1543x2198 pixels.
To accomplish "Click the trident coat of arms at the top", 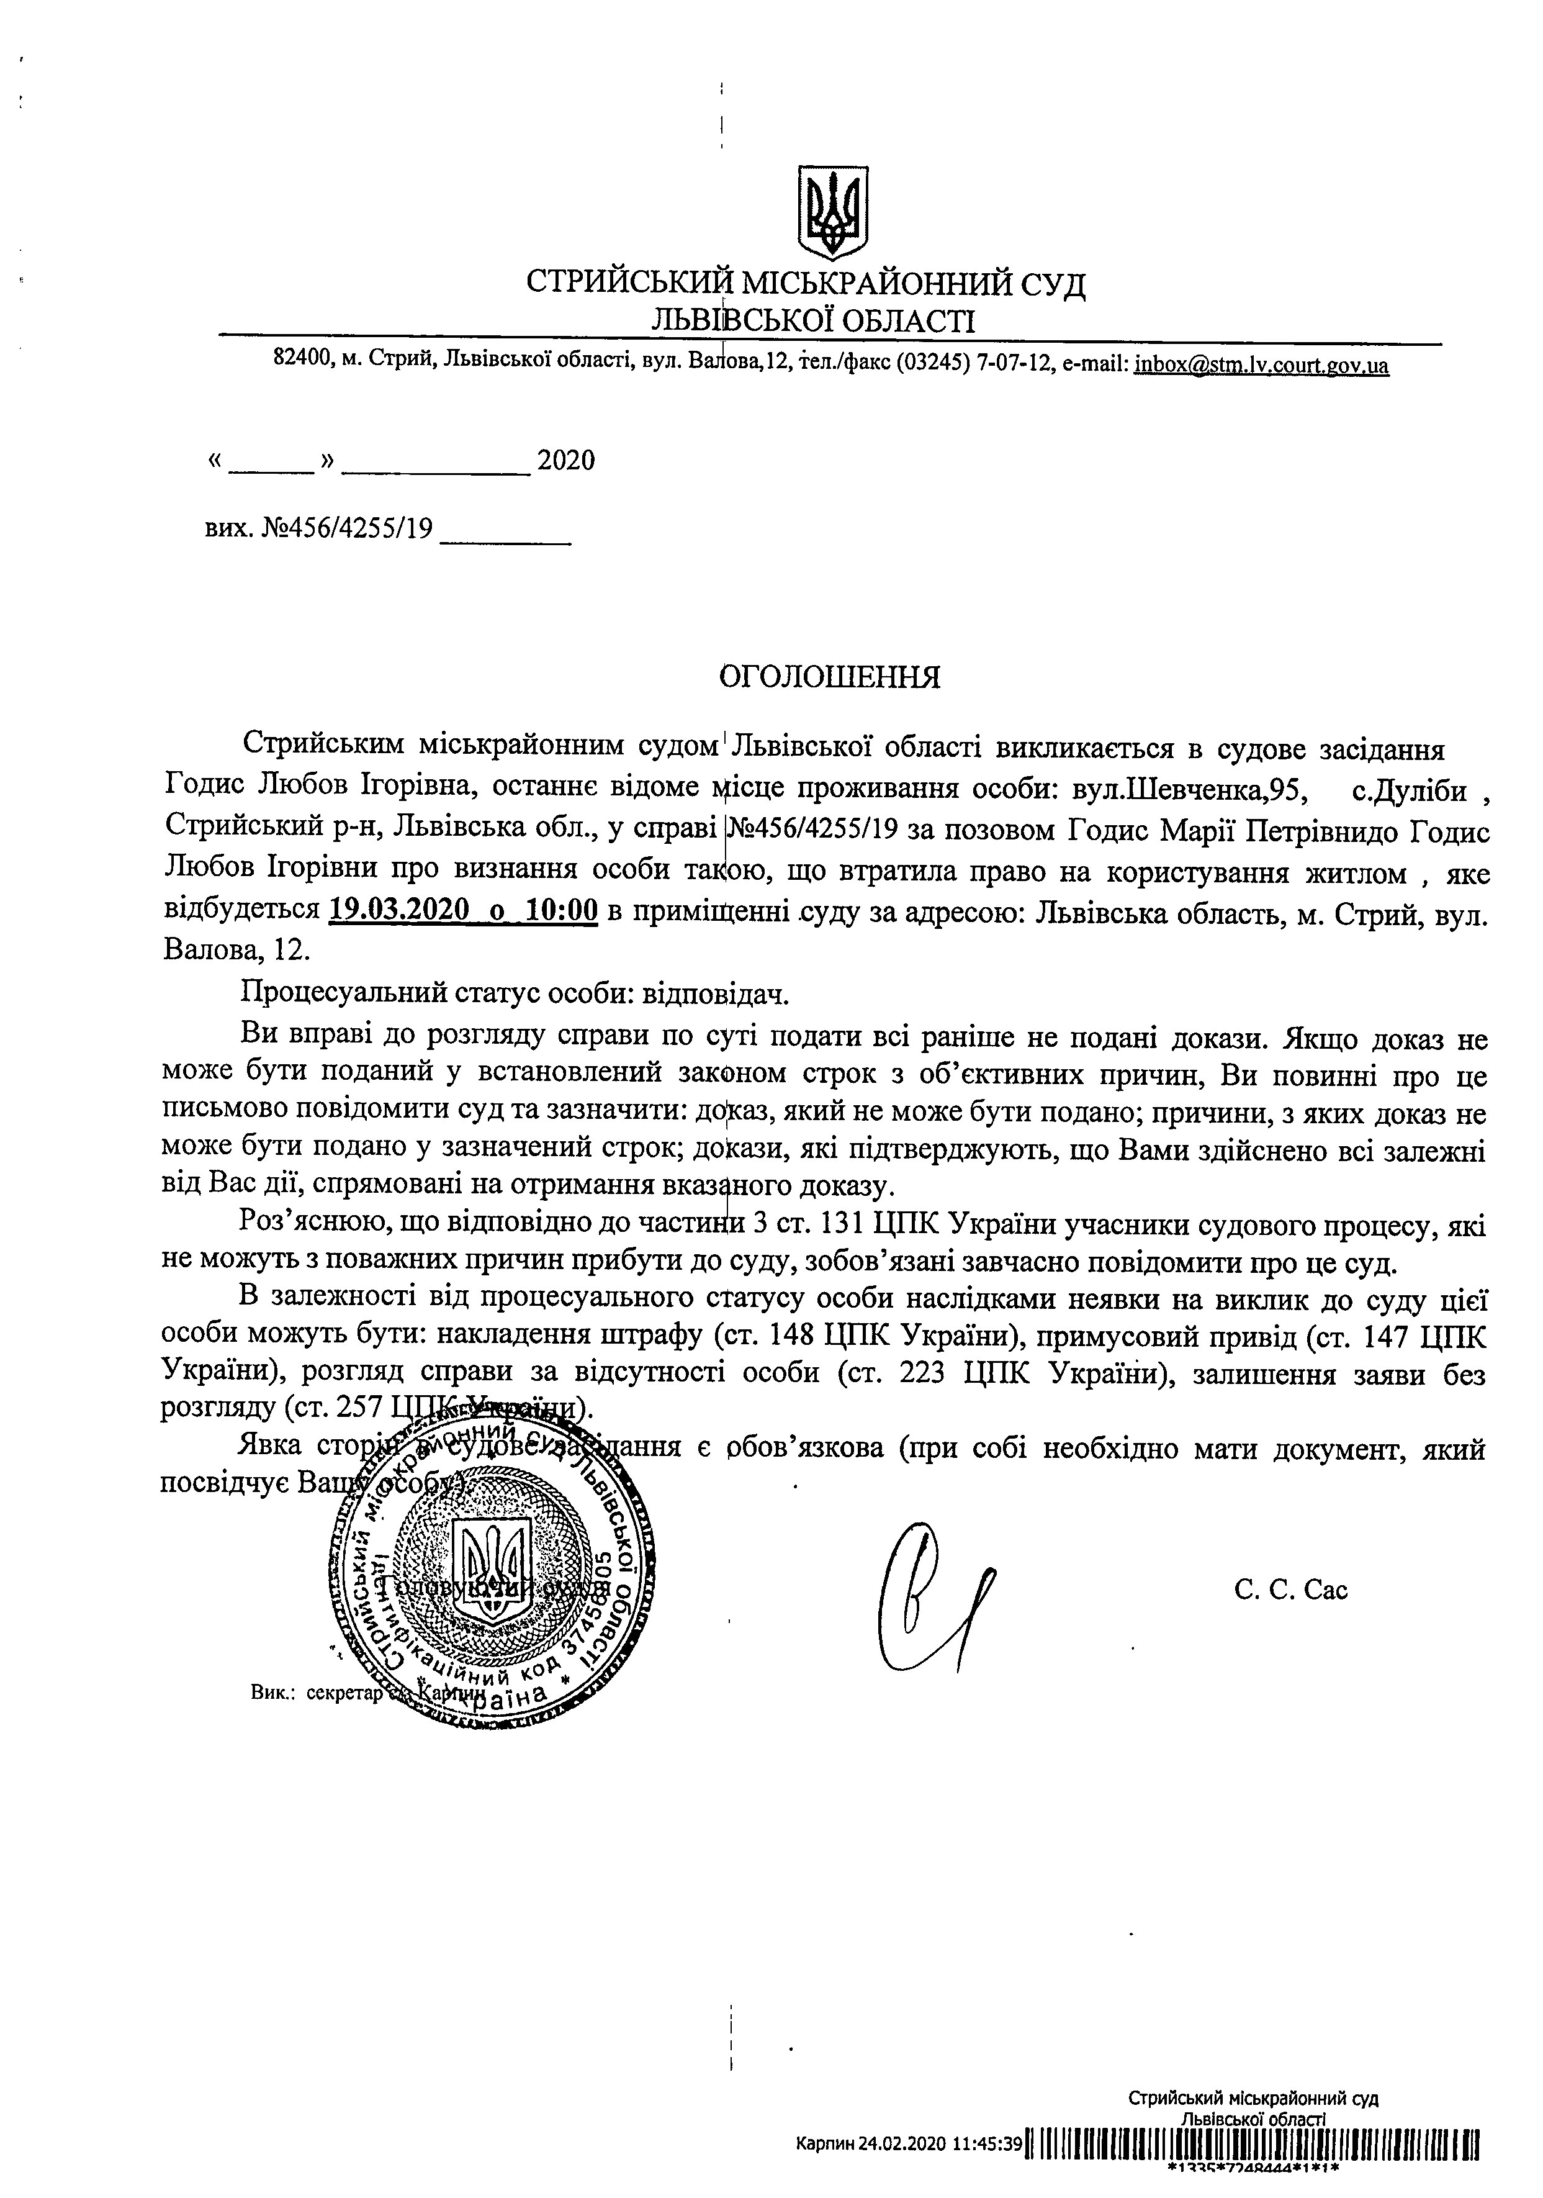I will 833,210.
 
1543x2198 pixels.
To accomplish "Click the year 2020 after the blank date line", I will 565,461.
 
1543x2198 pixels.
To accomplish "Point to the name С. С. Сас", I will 1290,1590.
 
